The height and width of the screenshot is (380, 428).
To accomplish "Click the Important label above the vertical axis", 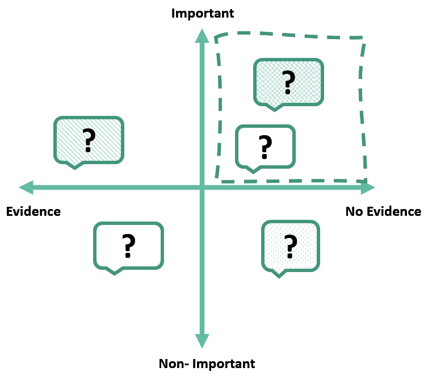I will pos(203,13).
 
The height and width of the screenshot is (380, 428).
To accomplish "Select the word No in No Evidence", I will pos(355,212).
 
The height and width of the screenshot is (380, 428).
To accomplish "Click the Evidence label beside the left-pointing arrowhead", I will pos(33,212).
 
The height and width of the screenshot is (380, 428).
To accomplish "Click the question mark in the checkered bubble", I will pos(288,82).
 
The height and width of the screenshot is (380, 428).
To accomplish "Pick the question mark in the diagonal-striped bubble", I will pos(88,140).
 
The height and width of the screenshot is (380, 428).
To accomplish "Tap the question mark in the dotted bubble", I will pos(291,245).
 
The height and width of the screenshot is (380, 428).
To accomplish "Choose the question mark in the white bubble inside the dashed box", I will pos(265,147).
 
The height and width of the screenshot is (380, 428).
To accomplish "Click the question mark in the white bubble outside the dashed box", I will pos(128,245).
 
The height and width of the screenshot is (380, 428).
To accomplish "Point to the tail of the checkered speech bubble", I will pos(275,107).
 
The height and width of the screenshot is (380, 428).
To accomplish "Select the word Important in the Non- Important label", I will pos(223,364).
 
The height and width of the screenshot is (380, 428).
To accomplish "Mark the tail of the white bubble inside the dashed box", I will pos(253,169).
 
